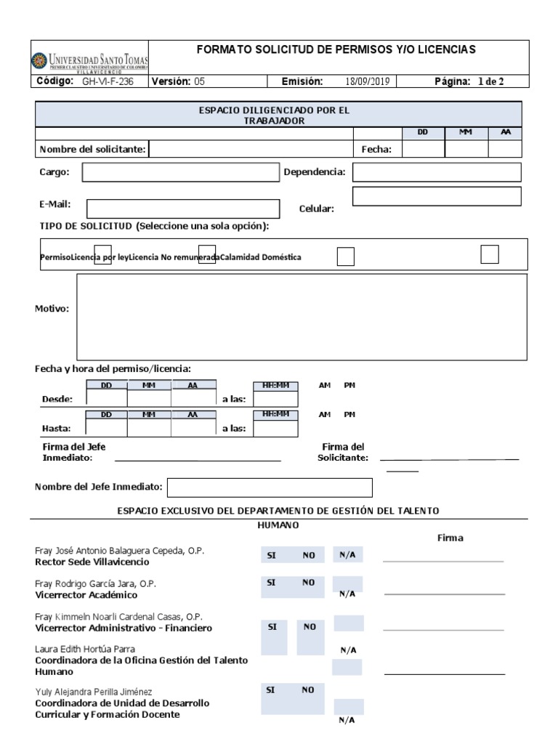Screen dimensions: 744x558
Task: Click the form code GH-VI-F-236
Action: click(x=108, y=82)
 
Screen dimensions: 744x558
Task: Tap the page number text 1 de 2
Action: click(x=490, y=82)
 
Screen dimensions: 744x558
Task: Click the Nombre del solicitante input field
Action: click(x=251, y=149)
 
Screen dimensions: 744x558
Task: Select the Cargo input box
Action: click(x=180, y=172)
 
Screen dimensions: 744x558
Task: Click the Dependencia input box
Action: click(x=437, y=172)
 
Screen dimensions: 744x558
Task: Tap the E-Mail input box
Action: click(x=182, y=209)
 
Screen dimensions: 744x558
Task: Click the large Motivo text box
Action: click(x=302, y=317)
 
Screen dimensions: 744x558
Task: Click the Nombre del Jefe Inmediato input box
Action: click(x=270, y=487)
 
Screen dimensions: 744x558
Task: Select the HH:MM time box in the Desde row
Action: click(x=275, y=398)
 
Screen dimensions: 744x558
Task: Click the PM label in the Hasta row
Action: click(x=349, y=414)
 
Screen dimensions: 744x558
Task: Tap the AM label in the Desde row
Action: click(x=325, y=385)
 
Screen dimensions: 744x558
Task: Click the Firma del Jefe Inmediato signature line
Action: click(x=198, y=460)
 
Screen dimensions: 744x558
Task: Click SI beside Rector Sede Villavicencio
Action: click(x=272, y=556)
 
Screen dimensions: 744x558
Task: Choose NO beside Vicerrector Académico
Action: click(x=309, y=583)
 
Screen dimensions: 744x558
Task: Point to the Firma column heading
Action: click(x=450, y=538)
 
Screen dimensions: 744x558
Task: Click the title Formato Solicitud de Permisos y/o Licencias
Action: click(x=336, y=49)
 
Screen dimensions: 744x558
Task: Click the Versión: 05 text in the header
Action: click(x=178, y=82)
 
